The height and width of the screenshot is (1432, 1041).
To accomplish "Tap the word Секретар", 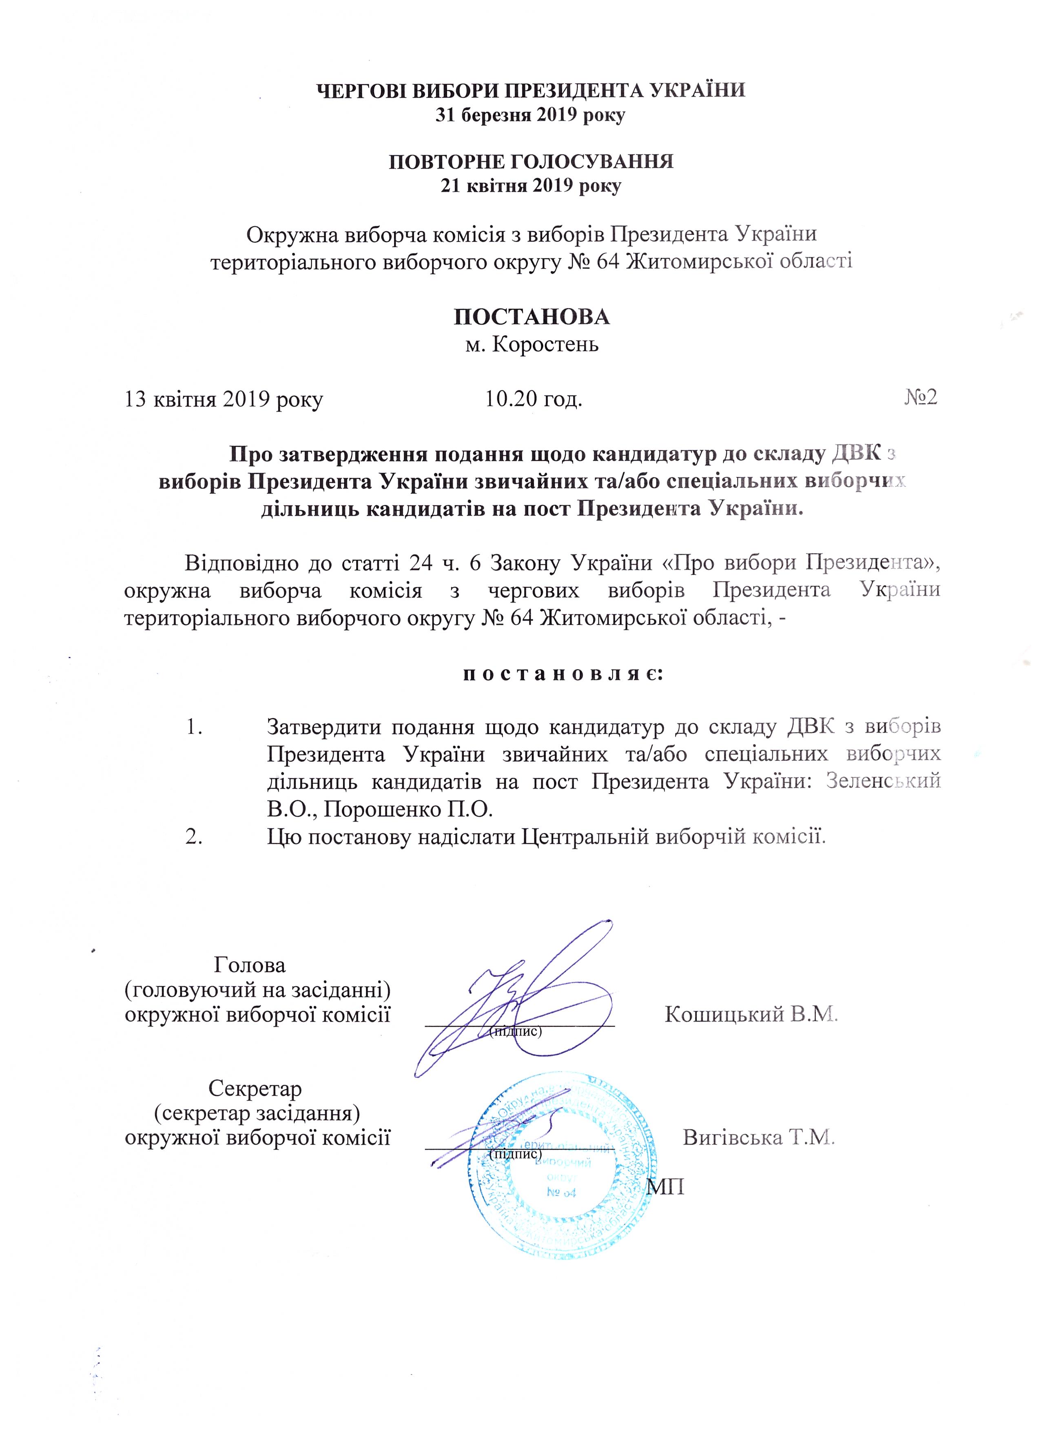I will click(255, 1088).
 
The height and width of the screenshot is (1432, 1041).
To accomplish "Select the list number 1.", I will click(194, 727).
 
